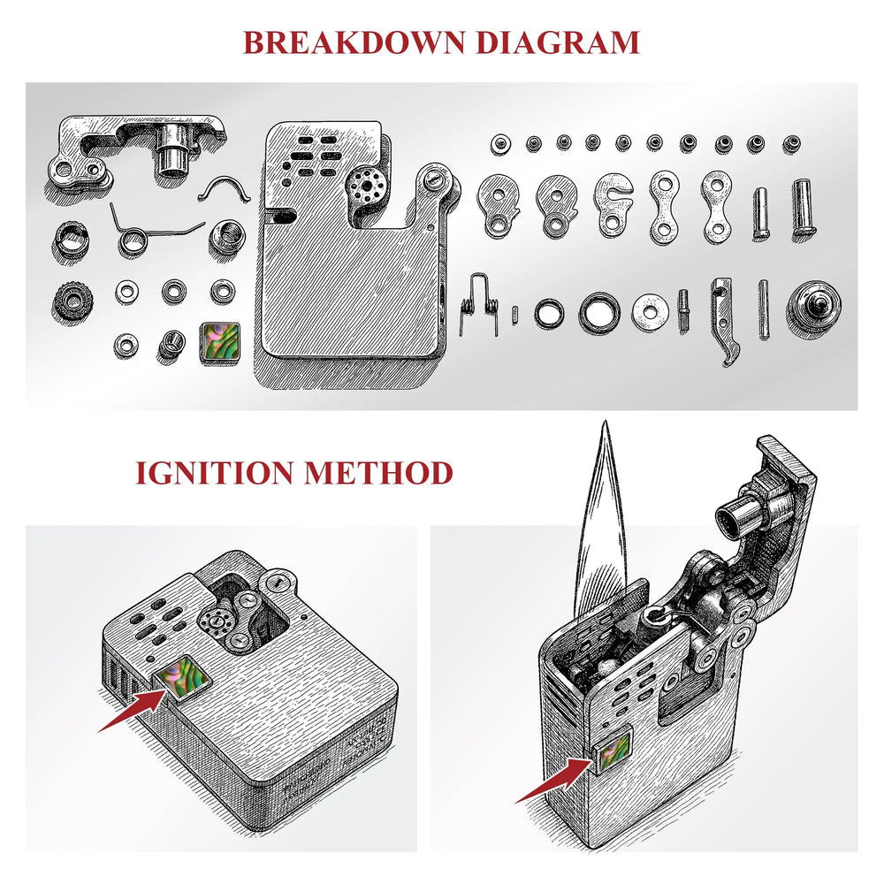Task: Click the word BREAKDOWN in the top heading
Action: [x=345, y=42]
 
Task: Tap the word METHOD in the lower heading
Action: [x=377, y=472]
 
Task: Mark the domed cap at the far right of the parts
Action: [x=813, y=305]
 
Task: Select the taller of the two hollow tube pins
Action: [x=803, y=206]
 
